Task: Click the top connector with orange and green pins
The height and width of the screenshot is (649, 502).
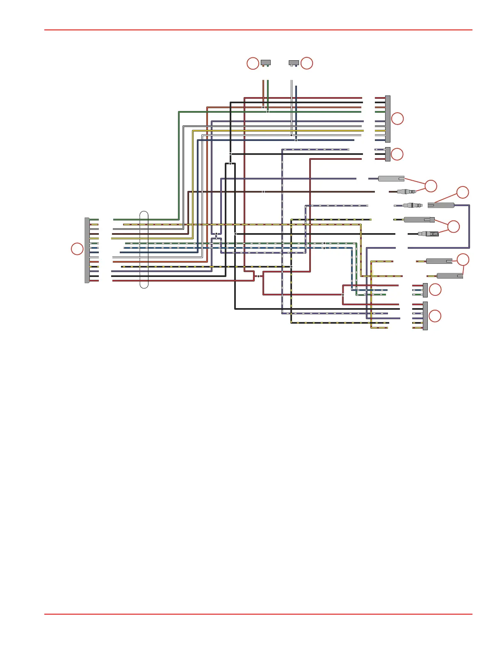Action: (x=266, y=63)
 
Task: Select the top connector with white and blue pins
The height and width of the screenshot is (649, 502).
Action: (x=294, y=63)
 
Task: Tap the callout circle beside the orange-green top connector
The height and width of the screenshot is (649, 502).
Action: (x=253, y=64)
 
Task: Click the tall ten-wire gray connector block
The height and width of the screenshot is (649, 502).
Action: (x=388, y=119)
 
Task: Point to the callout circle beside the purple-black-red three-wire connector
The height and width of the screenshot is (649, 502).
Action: (x=397, y=154)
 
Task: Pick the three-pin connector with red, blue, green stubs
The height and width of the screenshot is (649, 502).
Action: (x=425, y=290)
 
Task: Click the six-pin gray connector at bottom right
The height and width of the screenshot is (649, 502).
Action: (x=425, y=316)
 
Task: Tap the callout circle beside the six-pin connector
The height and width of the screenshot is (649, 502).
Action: (x=435, y=316)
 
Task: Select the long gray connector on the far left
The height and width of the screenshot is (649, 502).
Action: (x=87, y=250)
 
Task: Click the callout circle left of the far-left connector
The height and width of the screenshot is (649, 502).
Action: (x=77, y=249)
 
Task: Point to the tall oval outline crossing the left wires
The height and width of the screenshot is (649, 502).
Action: (x=144, y=250)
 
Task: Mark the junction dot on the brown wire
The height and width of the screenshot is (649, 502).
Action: (x=263, y=192)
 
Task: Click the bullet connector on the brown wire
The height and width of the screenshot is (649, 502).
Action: (x=406, y=191)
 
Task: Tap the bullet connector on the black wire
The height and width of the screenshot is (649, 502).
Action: (x=428, y=234)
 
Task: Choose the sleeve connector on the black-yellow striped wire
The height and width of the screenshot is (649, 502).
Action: (x=419, y=220)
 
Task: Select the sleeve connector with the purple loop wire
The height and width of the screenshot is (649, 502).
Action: (x=441, y=205)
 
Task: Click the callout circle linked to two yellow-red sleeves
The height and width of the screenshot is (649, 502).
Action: (x=463, y=260)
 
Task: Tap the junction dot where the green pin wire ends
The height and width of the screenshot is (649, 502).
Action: (x=268, y=111)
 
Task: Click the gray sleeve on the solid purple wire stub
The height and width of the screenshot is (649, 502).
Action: (x=391, y=179)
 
